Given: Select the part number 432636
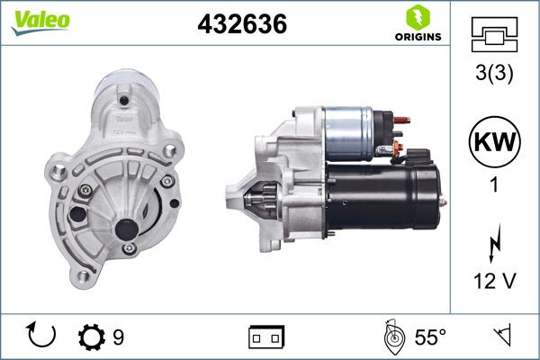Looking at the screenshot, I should click(x=241, y=25).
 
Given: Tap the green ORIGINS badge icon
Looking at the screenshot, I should click(x=417, y=17).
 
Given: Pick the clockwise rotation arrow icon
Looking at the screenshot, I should click(x=42, y=337).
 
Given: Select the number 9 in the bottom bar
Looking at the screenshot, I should click(x=118, y=337).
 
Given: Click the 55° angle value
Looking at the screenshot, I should click(x=430, y=337).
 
